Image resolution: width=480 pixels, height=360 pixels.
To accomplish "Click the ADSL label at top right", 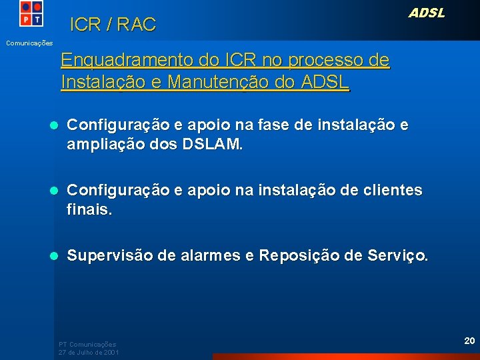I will (426, 13).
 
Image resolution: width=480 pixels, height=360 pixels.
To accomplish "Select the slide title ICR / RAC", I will (113, 25).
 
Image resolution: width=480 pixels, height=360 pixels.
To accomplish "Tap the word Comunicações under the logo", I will (29, 43).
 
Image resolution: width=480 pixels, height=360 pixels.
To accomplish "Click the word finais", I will (89, 210).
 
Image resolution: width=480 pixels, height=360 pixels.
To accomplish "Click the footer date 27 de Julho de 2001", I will (89, 351).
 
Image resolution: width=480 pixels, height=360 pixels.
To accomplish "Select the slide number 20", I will (469, 341).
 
